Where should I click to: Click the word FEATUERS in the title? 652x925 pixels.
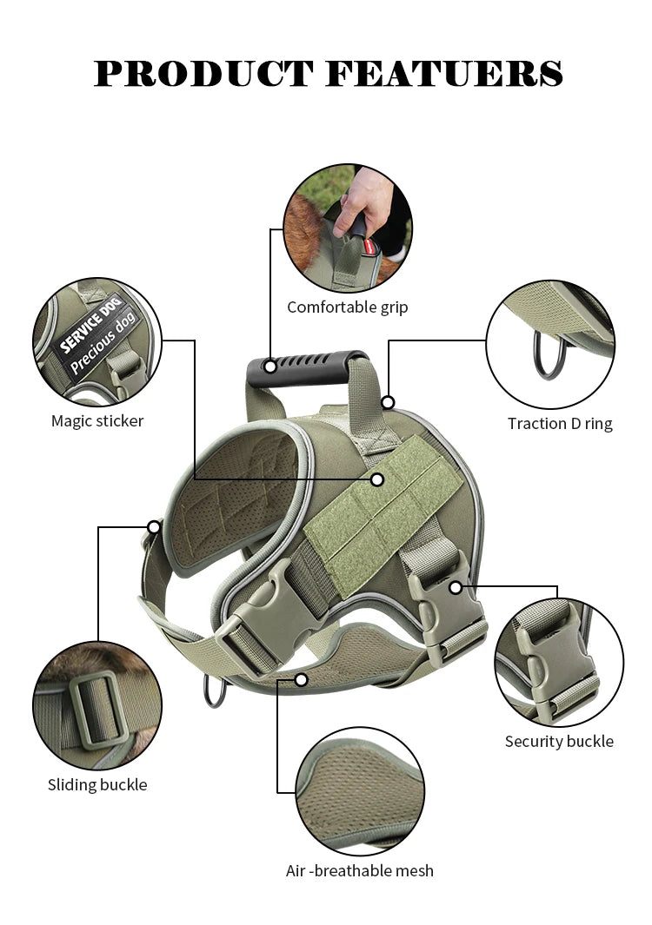[x=444, y=74]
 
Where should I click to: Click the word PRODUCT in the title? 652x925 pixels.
[x=204, y=74]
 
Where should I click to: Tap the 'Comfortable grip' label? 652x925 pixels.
[x=347, y=307]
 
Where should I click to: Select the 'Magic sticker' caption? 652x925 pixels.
[x=97, y=421]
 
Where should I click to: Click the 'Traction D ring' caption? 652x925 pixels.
[x=560, y=424]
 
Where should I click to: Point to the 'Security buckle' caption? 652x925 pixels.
[x=559, y=742]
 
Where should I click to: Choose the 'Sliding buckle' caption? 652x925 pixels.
[x=97, y=785]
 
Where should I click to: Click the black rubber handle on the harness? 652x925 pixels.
[x=304, y=369]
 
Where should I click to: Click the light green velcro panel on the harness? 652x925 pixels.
[x=383, y=512]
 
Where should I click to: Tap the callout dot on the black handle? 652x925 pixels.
[x=270, y=367]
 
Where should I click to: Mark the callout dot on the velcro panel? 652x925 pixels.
[x=376, y=479]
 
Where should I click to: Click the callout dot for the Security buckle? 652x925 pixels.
[x=456, y=588]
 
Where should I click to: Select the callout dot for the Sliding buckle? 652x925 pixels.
[x=154, y=526]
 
